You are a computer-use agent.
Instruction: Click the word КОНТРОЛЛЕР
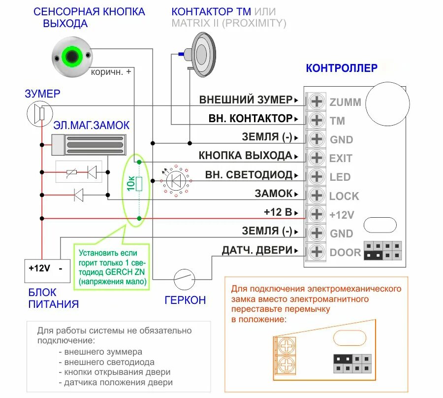click(342, 68)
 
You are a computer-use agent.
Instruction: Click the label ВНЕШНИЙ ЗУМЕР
click(246, 99)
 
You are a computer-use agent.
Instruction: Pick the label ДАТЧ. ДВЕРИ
click(257, 250)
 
